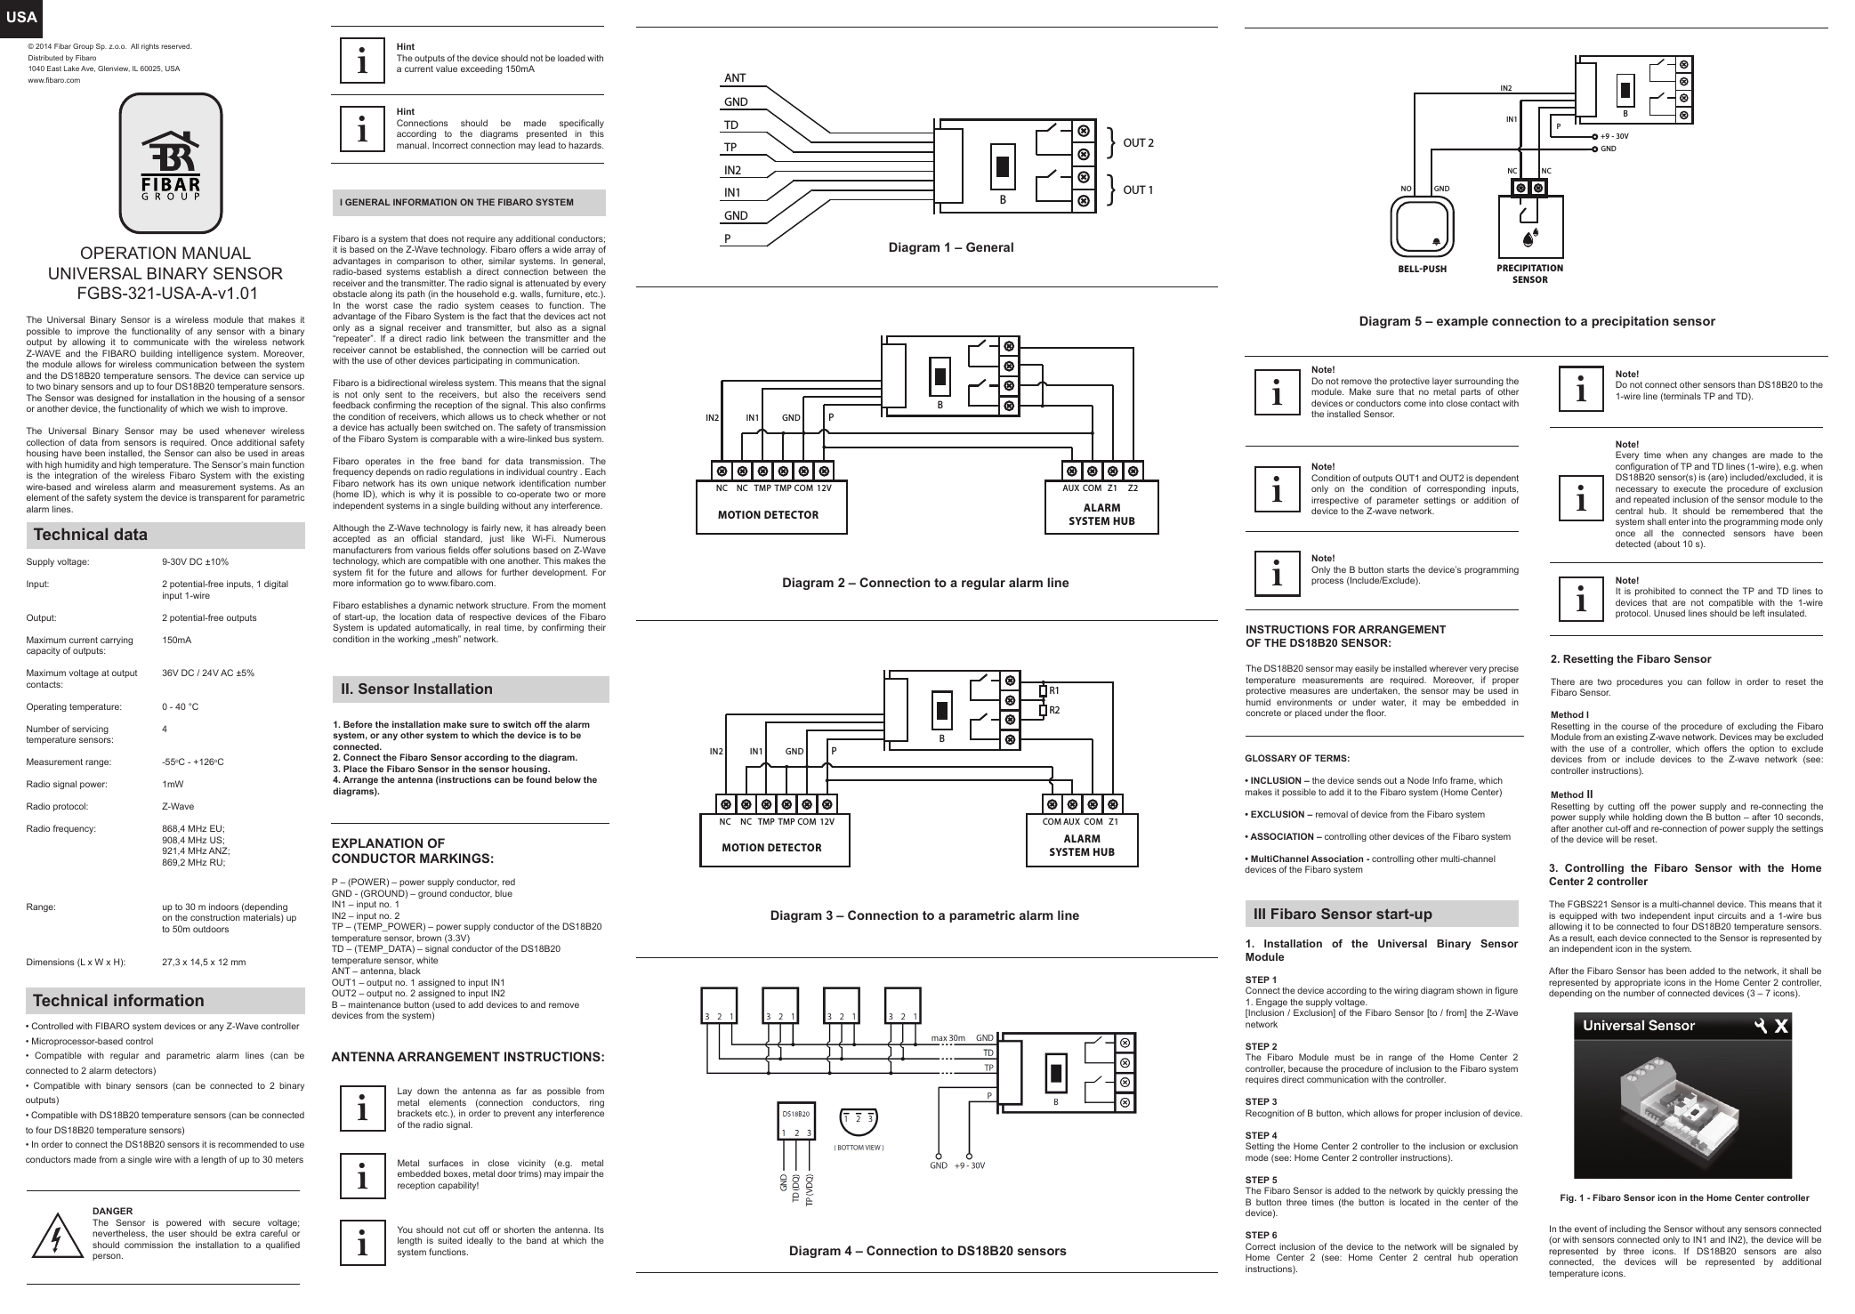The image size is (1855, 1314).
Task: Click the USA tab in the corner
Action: [15, 17]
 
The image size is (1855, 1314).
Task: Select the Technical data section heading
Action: [91, 535]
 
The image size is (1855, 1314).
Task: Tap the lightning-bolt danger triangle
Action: [54, 1236]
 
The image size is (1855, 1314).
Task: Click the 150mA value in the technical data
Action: [176, 641]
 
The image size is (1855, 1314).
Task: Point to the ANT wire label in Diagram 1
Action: [735, 78]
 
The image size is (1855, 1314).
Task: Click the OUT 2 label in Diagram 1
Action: [1138, 142]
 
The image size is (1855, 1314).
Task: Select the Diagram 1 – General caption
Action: [950, 247]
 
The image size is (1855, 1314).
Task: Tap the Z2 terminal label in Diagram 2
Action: [1133, 488]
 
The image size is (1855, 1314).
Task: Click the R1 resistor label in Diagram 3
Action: [1054, 689]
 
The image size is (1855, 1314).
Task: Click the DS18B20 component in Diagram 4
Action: [795, 1123]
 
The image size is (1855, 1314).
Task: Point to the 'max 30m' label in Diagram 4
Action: [948, 1037]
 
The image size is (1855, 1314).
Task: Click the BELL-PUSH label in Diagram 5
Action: [1423, 268]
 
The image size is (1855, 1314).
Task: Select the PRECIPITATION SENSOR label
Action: [1529, 273]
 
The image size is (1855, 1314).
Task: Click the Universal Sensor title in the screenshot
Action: [1638, 1026]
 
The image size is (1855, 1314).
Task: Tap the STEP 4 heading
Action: [1261, 1135]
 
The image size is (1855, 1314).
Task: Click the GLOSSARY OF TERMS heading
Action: [1296, 758]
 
